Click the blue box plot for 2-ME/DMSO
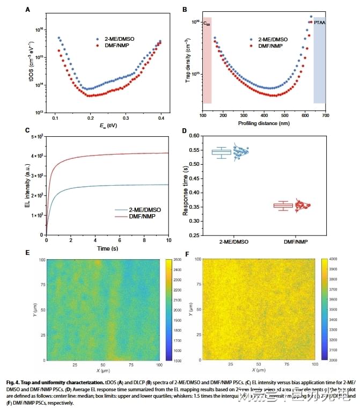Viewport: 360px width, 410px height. [x=221, y=152]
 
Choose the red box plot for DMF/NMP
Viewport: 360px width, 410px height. [x=283, y=206]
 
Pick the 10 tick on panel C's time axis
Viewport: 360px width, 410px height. [x=170, y=240]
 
